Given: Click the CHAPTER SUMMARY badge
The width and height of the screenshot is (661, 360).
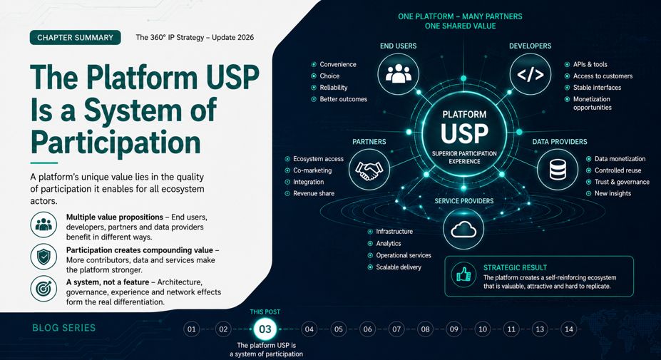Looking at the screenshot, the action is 76,38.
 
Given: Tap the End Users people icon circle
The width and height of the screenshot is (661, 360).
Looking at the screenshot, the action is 398,74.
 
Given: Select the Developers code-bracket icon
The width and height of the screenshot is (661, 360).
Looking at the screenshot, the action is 531,74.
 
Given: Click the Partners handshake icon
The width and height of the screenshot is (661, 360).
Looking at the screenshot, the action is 369,170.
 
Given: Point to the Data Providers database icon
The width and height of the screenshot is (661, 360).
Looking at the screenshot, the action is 558,170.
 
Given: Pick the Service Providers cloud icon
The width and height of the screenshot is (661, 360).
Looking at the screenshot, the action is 463,229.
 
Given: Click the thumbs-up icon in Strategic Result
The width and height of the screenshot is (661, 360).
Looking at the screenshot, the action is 463,275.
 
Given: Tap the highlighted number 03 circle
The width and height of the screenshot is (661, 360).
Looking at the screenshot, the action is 265,329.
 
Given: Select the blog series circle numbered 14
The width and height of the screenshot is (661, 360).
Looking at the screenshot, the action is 569,329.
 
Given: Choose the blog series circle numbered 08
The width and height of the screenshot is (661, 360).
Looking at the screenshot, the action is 426,329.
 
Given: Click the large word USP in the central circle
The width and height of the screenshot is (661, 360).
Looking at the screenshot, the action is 464,133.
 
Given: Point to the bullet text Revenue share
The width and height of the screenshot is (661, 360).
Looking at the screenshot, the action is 314,193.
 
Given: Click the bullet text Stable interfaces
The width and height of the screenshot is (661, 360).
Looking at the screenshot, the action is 597,88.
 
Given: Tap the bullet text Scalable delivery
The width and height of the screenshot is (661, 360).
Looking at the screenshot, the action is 399,267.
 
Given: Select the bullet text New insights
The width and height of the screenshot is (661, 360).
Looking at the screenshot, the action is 613,193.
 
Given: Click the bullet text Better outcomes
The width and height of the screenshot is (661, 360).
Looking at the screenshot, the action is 343,99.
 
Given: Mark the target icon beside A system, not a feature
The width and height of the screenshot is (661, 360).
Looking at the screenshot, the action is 43,289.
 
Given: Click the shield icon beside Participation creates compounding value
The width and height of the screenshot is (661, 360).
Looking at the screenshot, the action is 43,257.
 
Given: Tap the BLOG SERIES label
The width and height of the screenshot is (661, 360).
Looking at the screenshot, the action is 63,328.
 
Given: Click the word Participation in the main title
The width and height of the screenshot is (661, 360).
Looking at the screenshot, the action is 116,142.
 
